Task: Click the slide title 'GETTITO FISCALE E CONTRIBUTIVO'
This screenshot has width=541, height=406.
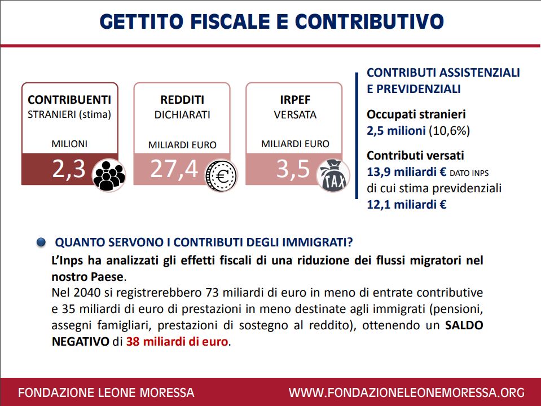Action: [271, 21]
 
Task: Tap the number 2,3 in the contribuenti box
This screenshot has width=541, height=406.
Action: [69, 169]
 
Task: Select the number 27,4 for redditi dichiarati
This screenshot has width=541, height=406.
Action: [174, 169]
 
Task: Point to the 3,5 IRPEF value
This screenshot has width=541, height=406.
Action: [293, 169]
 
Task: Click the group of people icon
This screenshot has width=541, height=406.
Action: [109, 175]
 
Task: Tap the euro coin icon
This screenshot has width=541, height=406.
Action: [222, 175]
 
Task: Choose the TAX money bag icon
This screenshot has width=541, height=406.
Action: [333, 175]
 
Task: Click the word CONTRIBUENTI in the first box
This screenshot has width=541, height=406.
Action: [69, 100]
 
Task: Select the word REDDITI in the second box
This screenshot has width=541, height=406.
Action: [182, 100]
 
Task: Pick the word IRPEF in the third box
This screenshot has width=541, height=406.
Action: [295, 100]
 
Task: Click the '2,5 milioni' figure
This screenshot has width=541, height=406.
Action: [396, 131]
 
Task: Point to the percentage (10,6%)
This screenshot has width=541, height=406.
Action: [449, 131]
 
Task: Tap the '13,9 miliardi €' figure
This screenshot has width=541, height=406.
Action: [406, 172]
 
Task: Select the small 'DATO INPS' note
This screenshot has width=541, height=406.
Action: [469, 173]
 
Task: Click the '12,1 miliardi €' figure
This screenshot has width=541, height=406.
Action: [406, 205]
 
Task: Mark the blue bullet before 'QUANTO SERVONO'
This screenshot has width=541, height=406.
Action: [41, 242]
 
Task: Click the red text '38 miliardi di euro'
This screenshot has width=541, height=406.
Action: [177, 342]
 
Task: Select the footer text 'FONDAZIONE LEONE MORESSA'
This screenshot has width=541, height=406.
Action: [106, 392]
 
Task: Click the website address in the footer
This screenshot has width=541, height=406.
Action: [407, 392]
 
